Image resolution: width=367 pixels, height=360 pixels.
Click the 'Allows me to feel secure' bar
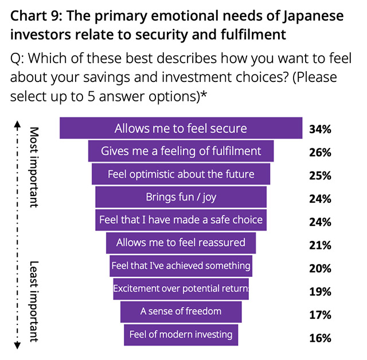click(x=181, y=128)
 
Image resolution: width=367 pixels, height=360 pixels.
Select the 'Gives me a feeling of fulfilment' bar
click(x=181, y=151)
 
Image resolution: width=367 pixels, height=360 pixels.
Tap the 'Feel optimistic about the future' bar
click(x=181, y=174)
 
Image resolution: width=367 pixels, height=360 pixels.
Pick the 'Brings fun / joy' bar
click(x=181, y=197)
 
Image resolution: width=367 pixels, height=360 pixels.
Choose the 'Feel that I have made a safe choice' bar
click(x=181, y=220)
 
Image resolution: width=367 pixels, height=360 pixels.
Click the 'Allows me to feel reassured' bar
click(x=181, y=242)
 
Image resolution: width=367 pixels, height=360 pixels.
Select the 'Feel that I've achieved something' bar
click(x=181, y=266)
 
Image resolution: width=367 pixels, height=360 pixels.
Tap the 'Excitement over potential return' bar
click(x=181, y=289)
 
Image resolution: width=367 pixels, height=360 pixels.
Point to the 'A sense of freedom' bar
click(x=181, y=312)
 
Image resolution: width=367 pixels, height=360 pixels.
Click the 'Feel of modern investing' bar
click(x=181, y=335)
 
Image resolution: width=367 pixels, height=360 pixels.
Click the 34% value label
click(x=319, y=129)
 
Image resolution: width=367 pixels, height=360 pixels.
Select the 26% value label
click(x=319, y=152)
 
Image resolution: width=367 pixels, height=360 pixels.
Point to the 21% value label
click(x=319, y=245)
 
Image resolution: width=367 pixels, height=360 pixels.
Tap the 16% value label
click(x=319, y=338)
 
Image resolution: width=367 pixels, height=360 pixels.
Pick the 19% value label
click(x=319, y=292)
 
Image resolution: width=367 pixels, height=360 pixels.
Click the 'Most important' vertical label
click(x=34, y=166)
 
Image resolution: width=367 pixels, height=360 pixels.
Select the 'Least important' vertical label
click(x=34, y=300)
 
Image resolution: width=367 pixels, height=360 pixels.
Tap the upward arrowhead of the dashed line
click(x=17, y=122)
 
